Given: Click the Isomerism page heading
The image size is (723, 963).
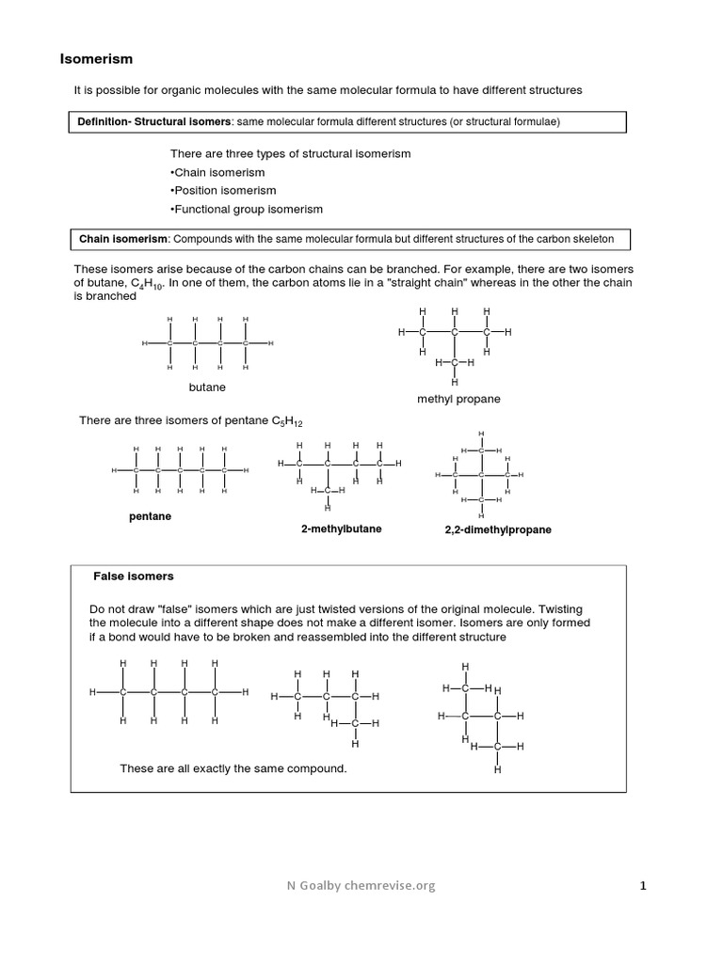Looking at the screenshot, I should click(x=97, y=59).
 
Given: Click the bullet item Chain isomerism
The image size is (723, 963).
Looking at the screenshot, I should click(x=218, y=172).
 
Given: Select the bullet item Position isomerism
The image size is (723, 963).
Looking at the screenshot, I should click(x=223, y=190).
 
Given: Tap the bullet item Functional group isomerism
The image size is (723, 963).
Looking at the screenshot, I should click(x=247, y=209).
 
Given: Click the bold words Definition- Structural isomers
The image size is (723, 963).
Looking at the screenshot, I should click(x=155, y=122).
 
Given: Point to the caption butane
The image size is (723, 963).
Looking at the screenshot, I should click(x=207, y=387).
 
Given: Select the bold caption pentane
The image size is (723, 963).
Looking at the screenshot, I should click(x=150, y=516).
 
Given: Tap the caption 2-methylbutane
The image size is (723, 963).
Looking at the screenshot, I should click(x=341, y=529).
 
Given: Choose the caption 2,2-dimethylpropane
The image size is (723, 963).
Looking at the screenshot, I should click(x=498, y=529).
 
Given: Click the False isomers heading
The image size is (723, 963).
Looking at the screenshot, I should click(x=133, y=576).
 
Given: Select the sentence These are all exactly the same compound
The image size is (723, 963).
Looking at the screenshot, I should click(x=233, y=768).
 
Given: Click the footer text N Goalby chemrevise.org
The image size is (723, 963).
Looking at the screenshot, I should click(x=361, y=885).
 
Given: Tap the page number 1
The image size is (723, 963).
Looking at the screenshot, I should click(x=643, y=885).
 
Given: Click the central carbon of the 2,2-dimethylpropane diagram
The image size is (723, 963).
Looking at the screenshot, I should click(x=481, y=475).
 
